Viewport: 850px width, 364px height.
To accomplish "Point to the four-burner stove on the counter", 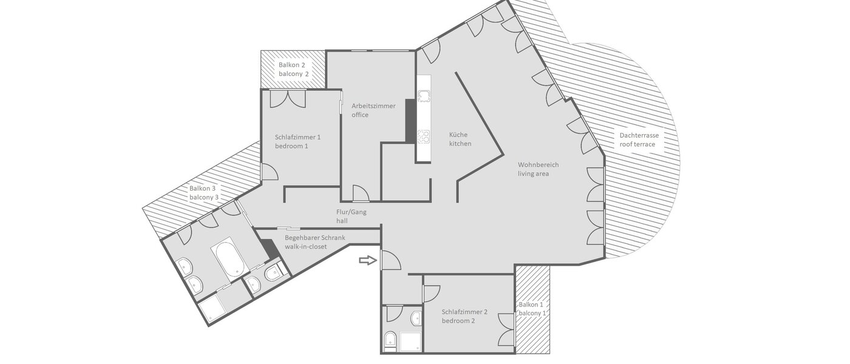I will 423,134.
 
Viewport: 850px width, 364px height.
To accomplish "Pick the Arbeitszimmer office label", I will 373,106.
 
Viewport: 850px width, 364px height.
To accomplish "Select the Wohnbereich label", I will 538,164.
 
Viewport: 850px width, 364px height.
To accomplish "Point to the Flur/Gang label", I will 351,212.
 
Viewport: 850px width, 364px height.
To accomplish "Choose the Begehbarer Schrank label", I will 314,238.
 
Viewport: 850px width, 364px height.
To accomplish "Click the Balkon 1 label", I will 532,305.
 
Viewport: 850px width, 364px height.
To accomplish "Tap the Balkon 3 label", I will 203,188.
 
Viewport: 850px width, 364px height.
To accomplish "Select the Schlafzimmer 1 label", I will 297,137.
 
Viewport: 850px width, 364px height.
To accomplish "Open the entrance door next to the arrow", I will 390,261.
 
